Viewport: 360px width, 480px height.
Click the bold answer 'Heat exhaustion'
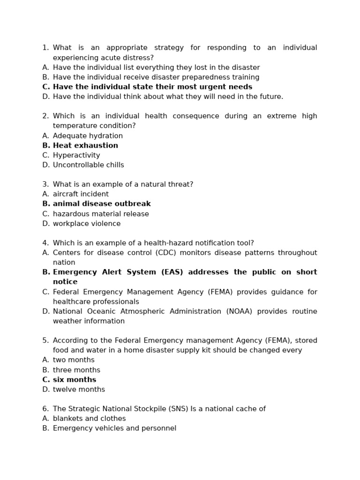pyautogui.click(x=85, y=145)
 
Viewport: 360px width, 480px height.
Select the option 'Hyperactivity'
pyautogui.click(x=76, y=155)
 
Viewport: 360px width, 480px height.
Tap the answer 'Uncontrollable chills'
pyautogui.click(x=89, y=165)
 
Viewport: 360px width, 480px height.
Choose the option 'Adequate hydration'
pyautogui.click(x=88, y=136)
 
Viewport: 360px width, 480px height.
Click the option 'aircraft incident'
pyautogui.click(x=81, y=194)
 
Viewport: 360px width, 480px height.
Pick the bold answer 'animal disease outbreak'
pyautogui.click(x=102, y=204)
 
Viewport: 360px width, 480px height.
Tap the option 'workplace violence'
pyautogui.click(x=87, y=224)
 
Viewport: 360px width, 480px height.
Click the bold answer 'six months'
pyautogui.click(x=75, y=380)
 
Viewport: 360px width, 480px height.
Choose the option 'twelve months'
pyautogui.click(x=79, y=390)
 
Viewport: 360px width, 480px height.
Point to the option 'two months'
pyautogui.click(x=74, y=360)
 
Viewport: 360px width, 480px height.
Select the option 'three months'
pyautogui.click(x=76, y=370)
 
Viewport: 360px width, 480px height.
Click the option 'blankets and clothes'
pyautogui.click(x=89, y=419)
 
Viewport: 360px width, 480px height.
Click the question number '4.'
pyautogui.click(x=45, y=243)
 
